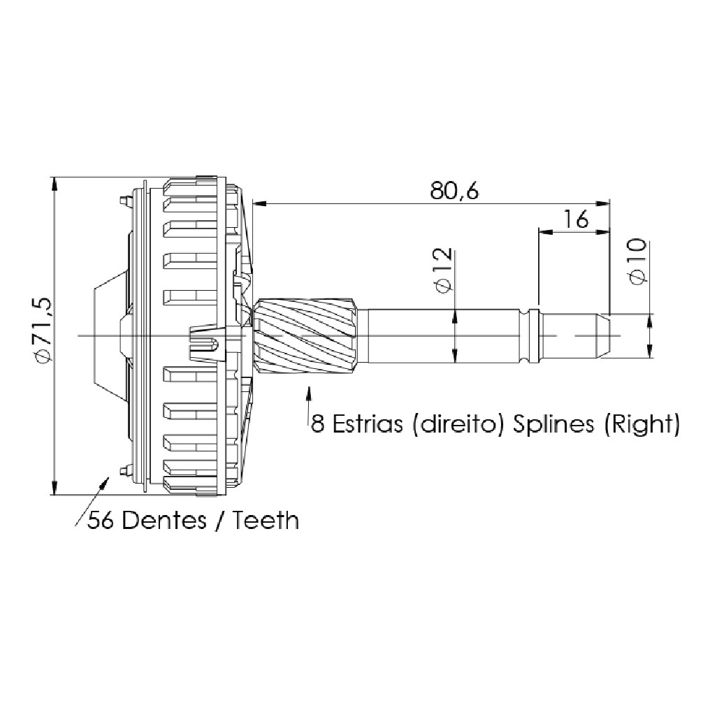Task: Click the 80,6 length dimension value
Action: coord(454,191)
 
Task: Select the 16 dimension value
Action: coord(576,219)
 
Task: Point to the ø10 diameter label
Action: coord(637,261)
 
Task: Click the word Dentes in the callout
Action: coord(164,521)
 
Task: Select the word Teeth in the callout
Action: coord(266,521)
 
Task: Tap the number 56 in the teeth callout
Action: coord(101,521)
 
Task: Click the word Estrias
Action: coord(368,424)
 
